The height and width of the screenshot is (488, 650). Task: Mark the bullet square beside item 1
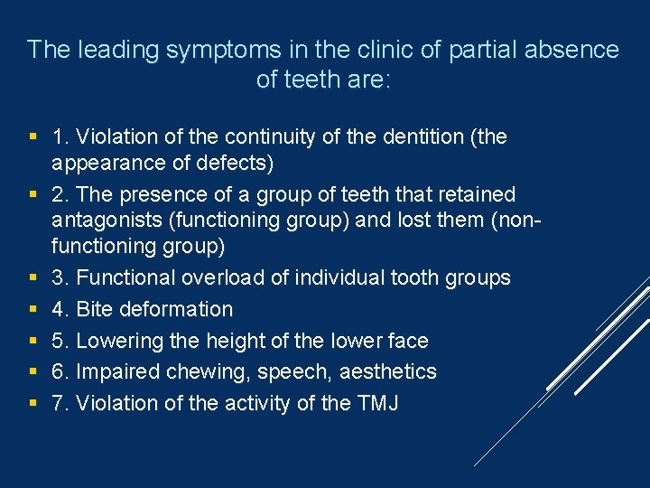[32, 137]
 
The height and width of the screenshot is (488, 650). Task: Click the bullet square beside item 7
[32, 403]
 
